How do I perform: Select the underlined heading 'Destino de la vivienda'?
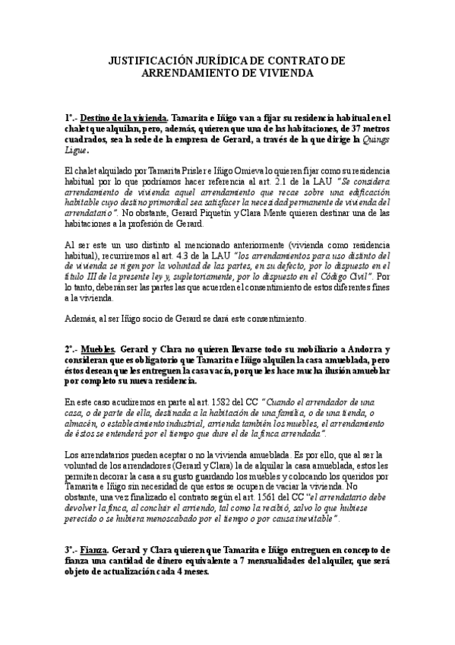click(x=122, y=118)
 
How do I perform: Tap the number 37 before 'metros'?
click(x=347, y=129)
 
